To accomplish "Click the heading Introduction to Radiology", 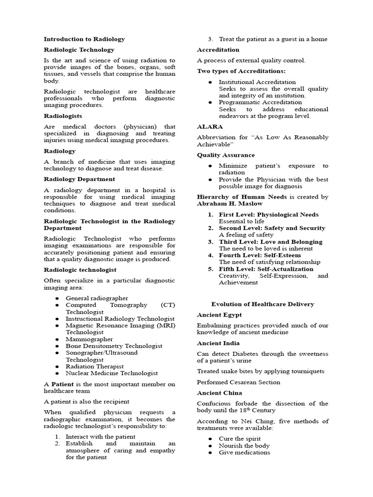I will (x=84, y=39).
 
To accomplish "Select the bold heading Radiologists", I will (x=63, y=116).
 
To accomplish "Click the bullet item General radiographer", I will (x=97, y=298).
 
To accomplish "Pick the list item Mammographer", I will (x=89, y=339).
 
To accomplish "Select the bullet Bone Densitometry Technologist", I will (x=114, y=346).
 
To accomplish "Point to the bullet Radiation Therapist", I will (x=95, y=366).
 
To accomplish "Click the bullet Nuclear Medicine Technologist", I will (x=112, y=373).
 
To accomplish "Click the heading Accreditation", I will (x=218, y=50).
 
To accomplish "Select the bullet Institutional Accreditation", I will (x=257, y=82).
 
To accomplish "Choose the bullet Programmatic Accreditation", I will (x=260, y=102).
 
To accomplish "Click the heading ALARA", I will (x=209, y=127).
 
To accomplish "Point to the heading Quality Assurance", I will (x=225, y=155).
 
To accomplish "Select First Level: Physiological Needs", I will (x=269, y=215).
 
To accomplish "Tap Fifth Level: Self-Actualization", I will (x=266, y=269).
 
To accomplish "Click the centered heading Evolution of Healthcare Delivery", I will (x=262, y=304).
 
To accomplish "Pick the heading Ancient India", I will (x=219, y=343).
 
